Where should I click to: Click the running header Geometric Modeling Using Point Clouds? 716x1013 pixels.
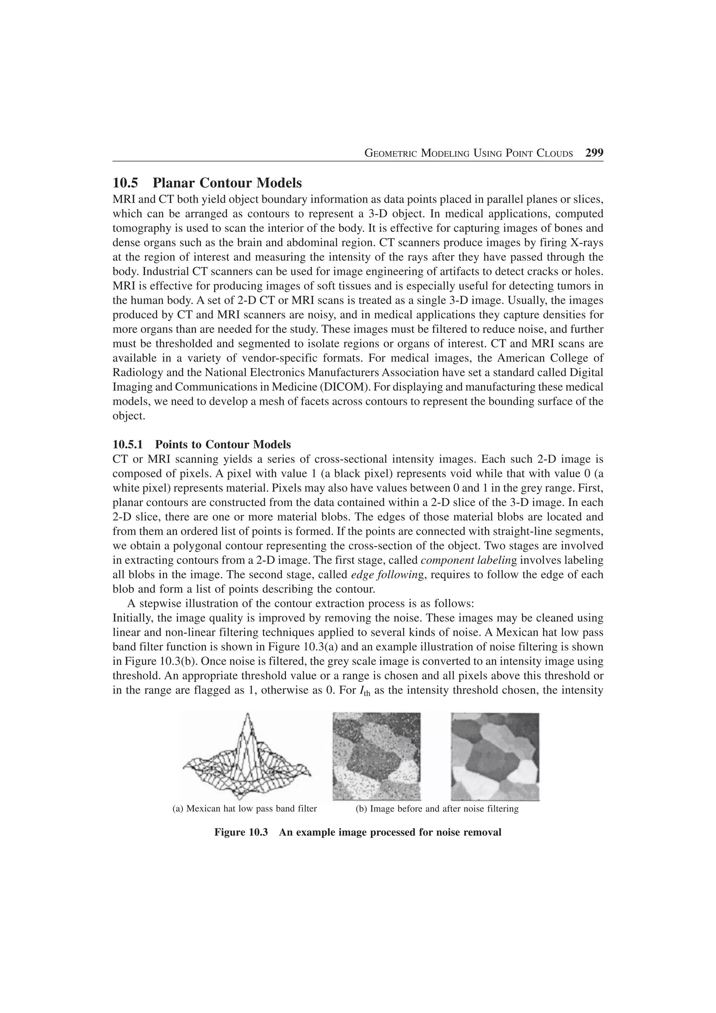pyautogui.click(x=468, y=153)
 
